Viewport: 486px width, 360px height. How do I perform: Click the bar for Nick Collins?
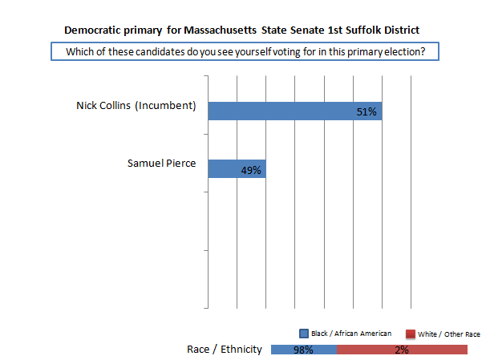(295, 111)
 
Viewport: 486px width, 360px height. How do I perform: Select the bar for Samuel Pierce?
(237, 169)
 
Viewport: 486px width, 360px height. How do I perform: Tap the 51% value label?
(367, 111)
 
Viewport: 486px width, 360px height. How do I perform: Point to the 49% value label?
(251, 171)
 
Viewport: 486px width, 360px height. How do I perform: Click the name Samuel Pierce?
(161, 164)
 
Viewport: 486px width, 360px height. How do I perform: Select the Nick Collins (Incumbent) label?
(136, 106)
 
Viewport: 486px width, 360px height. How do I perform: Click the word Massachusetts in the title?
(220, 30)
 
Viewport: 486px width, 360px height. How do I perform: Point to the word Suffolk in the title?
(363, 30)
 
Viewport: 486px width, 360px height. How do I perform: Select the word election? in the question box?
(405, 52)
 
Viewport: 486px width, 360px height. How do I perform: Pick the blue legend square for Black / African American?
(304, 334)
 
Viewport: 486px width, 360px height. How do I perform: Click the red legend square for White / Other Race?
(411, 334)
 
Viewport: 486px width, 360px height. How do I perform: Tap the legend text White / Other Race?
(449, 334)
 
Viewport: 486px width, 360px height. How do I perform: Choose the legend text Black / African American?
(351, 334)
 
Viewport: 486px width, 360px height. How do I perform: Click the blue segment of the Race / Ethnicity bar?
(304, 350)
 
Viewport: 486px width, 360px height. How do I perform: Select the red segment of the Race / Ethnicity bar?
(402, 350)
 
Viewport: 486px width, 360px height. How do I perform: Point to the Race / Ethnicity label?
(225, 350)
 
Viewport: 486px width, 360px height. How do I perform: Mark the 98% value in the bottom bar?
(303, 350)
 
